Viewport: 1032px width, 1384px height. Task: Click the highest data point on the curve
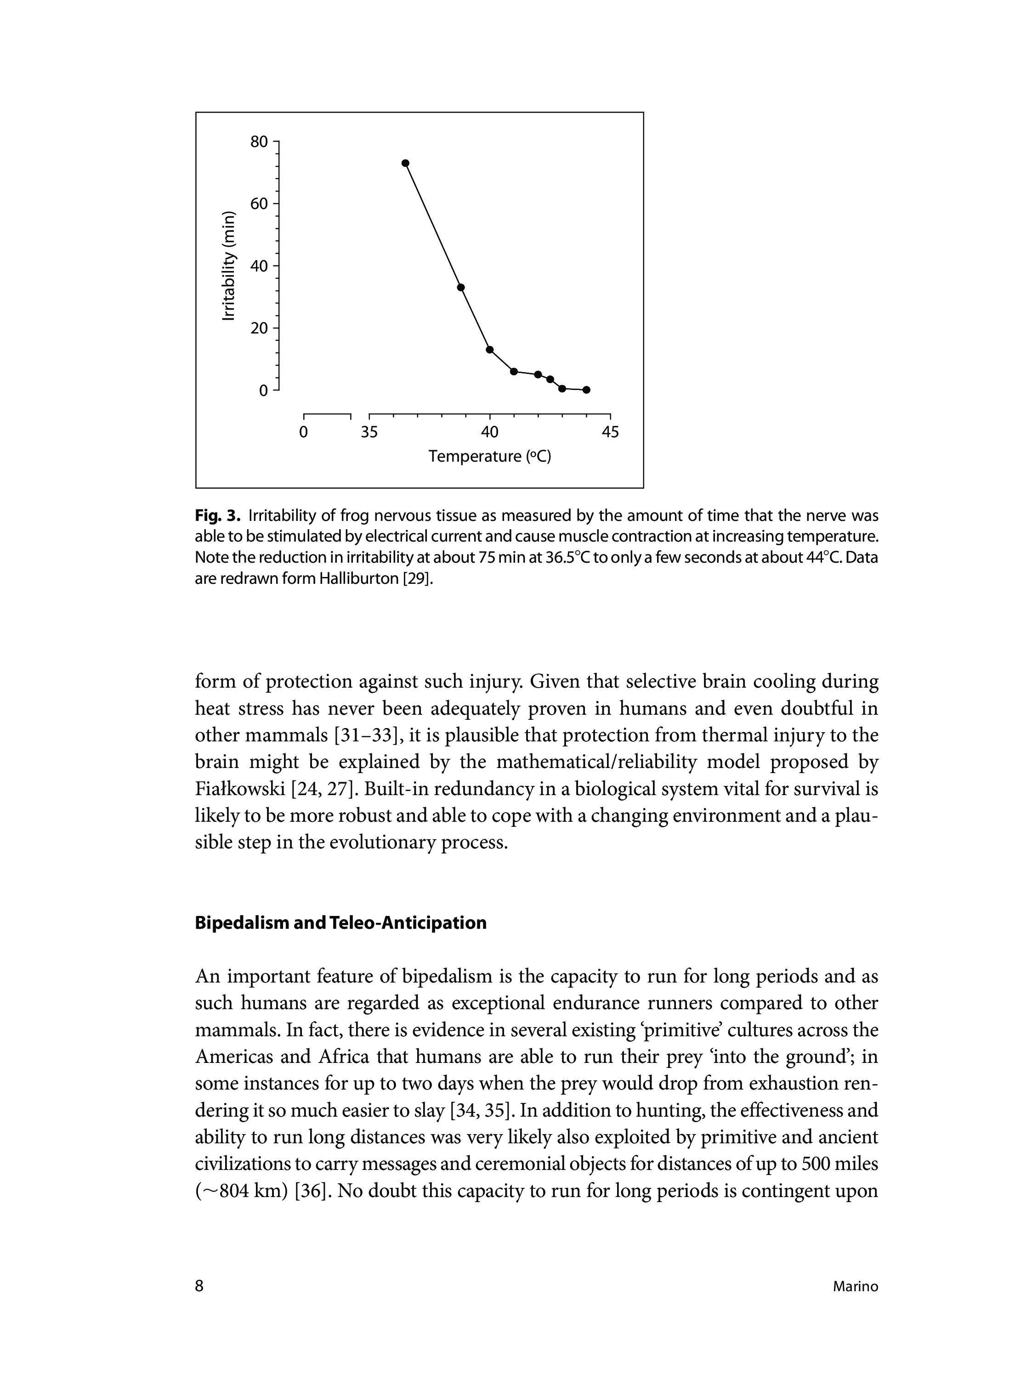coord(405,163)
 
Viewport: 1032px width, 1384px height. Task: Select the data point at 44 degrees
coord(587,390)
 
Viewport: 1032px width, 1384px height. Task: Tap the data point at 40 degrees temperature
coord(490,349)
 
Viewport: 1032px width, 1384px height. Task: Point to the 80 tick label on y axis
coord(259,142)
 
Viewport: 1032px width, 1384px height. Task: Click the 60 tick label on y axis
coord(259,203)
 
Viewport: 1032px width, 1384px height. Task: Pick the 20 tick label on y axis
coord(259,328)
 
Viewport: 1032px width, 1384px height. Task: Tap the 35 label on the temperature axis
coord(369,432)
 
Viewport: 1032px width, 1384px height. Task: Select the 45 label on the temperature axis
coord(610,432)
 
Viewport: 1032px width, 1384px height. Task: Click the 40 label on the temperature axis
coord(490,432)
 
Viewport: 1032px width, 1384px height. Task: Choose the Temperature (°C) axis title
coord(490,457)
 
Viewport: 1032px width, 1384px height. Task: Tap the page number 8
coord(199,1286)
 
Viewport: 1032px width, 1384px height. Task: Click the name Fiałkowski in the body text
coord(240,790)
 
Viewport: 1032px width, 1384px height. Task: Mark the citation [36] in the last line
coord(311,1192)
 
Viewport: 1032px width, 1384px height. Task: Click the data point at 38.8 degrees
coord(461,287)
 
